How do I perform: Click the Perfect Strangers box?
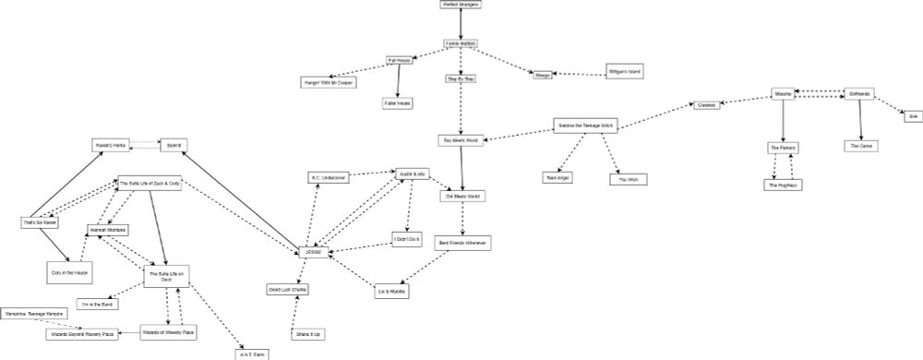[461, 5]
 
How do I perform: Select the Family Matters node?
[461, 43]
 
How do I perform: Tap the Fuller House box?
[398, 103]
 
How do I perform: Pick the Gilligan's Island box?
[623, 71]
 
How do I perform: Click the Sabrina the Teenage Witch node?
[584, 125]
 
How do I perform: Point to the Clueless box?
[707, 105]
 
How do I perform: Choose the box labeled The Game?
[861, 146]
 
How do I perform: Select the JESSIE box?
[313, 252]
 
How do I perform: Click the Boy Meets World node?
[461, 140]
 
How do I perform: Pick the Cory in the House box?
[68, 272]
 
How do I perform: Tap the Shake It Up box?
[309, 332]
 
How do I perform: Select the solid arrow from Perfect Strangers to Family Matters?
[461, 24]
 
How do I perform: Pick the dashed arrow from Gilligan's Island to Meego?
[578, 74]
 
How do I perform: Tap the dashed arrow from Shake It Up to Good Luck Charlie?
[298, 311]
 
